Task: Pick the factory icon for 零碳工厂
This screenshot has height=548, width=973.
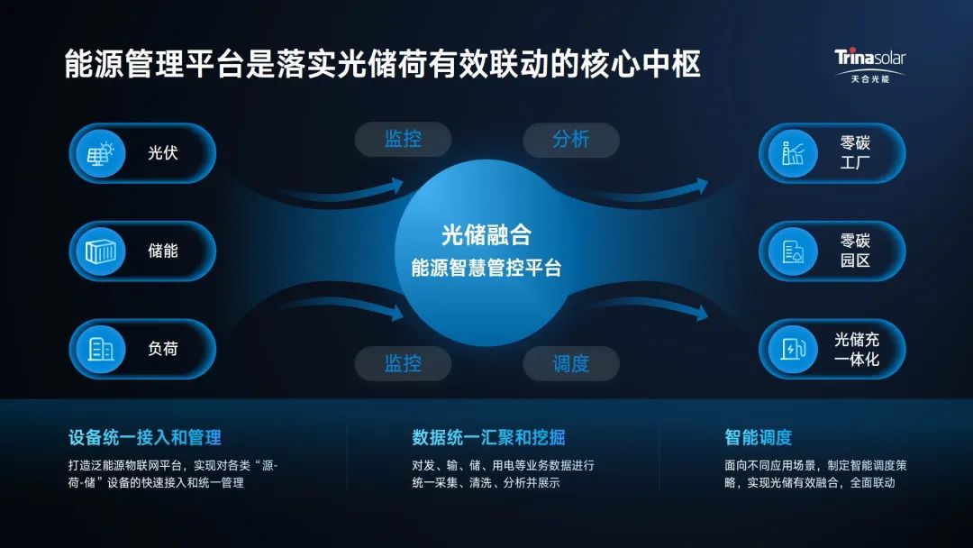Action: (793, 153)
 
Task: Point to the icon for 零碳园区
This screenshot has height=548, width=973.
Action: (793, 251)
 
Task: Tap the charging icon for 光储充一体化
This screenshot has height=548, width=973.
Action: (793, 349)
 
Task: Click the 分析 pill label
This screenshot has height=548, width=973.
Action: (571, 139)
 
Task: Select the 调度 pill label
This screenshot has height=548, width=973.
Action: (571, 363)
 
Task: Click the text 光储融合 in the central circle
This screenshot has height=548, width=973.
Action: (486, 236)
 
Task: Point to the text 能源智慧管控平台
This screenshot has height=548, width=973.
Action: (486, 268)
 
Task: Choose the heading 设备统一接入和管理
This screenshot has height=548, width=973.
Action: (144, 438)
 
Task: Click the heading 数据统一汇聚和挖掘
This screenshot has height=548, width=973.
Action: (488, 438)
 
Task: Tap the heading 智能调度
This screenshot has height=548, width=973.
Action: (758, 438)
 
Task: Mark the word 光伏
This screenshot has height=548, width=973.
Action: (163, 153)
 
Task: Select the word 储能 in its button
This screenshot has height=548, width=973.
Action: (163, 251)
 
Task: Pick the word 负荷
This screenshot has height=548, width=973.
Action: (163, 349)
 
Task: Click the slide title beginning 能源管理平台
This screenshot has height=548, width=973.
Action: (383, 65)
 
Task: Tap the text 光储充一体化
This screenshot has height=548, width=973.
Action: (856, 349)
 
